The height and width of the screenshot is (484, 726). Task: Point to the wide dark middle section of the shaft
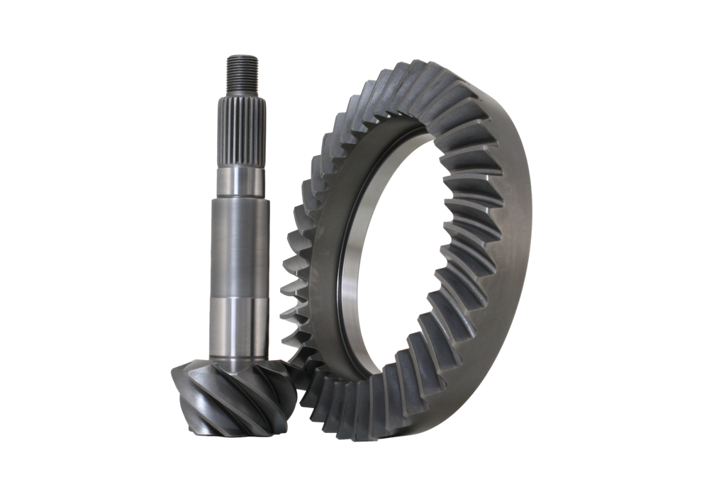(240, 248)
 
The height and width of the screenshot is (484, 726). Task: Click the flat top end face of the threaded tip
(242, 55)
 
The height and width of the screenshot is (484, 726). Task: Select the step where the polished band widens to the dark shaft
(240, 199)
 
